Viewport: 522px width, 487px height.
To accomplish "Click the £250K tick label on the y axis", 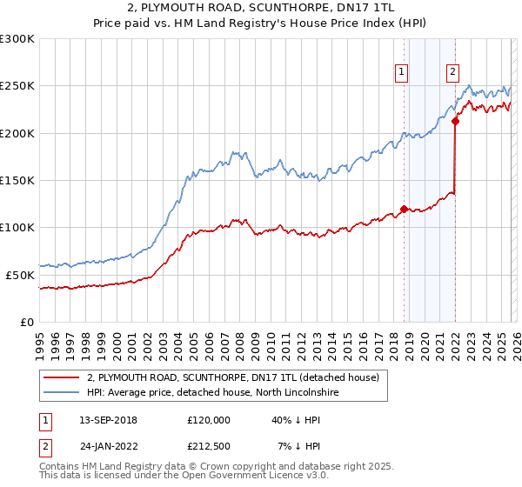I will pos(17,86).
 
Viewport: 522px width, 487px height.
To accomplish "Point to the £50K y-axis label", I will pos(20,275).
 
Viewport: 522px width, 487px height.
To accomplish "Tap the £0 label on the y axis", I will pos(27,322).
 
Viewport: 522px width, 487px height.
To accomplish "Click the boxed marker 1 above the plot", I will pos(402,73).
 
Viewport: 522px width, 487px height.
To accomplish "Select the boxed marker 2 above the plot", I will pos(453,73).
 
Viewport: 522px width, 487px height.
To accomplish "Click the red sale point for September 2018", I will pos(404,209).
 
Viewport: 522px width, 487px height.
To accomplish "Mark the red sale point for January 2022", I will pos(455,122).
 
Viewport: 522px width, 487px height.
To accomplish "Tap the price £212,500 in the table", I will pos(209,446).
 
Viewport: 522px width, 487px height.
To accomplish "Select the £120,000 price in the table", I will pos(209,420).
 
